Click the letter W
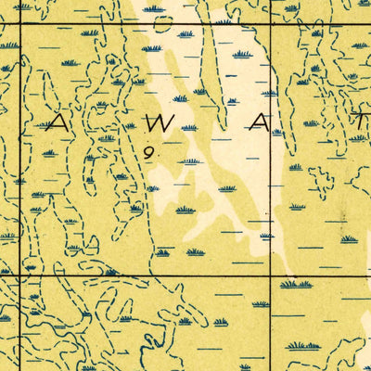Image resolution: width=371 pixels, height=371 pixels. point(160,122)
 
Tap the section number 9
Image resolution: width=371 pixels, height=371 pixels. point(147,151)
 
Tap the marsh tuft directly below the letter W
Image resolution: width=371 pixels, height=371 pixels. point(190,161)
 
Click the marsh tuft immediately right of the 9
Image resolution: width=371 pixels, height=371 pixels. point(190,161)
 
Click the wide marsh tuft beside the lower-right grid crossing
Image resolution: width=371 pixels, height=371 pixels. point(295,284)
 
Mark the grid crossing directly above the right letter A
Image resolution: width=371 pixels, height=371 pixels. point(270,21)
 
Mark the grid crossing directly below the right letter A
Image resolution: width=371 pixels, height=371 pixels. point(270,275)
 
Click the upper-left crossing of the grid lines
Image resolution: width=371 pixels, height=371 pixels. point(20,21)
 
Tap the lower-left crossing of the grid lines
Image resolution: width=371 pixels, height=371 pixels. point(20,275)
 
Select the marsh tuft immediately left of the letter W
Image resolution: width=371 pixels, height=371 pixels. point(130,125)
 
